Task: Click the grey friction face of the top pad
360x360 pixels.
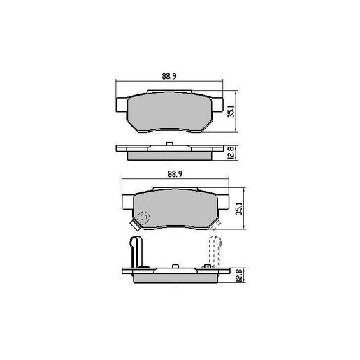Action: (x=170, y=112)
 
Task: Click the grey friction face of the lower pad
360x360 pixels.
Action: (x=171, y=208)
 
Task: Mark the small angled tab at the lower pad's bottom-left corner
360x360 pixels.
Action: (x=133, y=225)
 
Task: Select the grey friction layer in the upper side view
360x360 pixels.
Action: (x=170, y=154)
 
